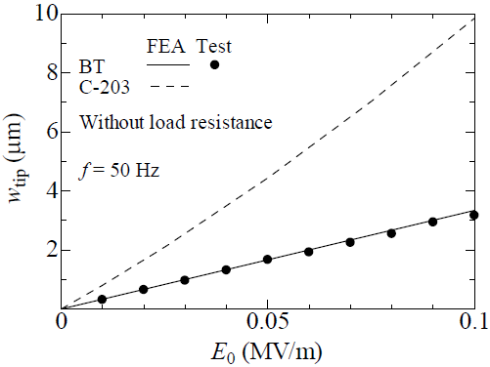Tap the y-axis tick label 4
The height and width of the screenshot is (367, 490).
pyautogui.click(x=46, y=191)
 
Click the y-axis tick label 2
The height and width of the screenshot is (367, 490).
pyautogui.click(x=46, y=250)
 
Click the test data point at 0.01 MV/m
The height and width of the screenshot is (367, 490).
pyautogui.click(x=102, y=299)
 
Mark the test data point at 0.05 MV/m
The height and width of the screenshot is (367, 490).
pyautogui.click(x=267, y=260)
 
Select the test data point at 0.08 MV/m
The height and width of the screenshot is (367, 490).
pyautogui.click(x=391, y=232)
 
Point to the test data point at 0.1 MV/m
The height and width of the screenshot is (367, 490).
pyautogui.click(x=473, y=215)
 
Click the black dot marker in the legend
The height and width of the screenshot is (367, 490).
pyautogui.click(x=214, y=64)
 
